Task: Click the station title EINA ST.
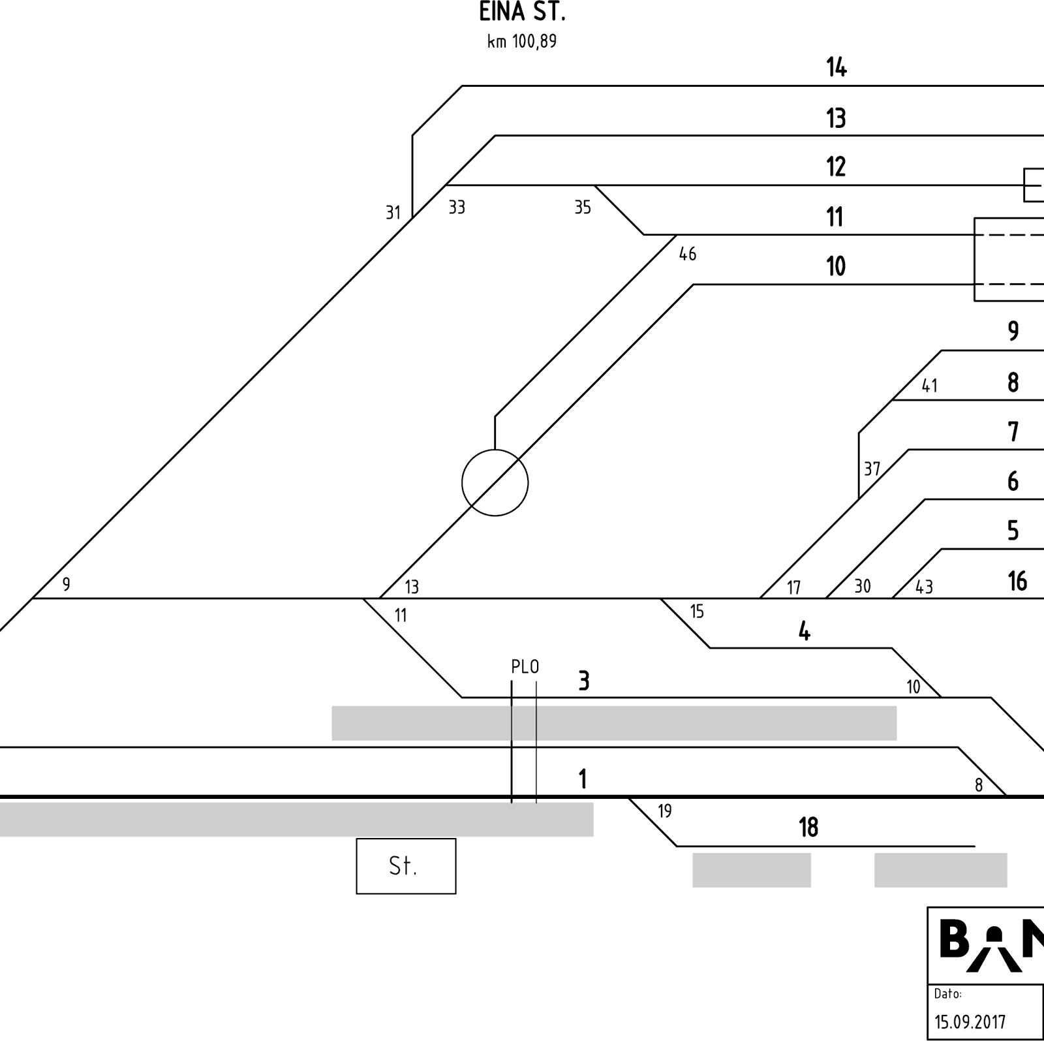(x=521, y=12)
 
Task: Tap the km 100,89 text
(x=522, y=42)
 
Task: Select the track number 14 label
(x=837, y=67)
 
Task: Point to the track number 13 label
(x=836, y=118)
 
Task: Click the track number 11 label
(x=835, y=217)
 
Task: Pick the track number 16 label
(x=1017, y=581)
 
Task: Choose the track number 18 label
(x=808, y=828)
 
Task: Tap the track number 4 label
(x=805, y=631)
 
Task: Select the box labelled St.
(x=406, y=866)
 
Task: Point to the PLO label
(x=525, y=667)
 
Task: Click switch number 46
(x=688, y=254)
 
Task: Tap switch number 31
(x=392, y=212)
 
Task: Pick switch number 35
(x=583, y=208)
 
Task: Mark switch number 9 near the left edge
(x=66, y=584)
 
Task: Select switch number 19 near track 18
(x=664, y=811)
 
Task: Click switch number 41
(x=929, y=386)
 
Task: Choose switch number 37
(x=872, y=469)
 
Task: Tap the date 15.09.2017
(x=970, y=1021)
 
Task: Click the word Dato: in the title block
(x=947, y=994)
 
